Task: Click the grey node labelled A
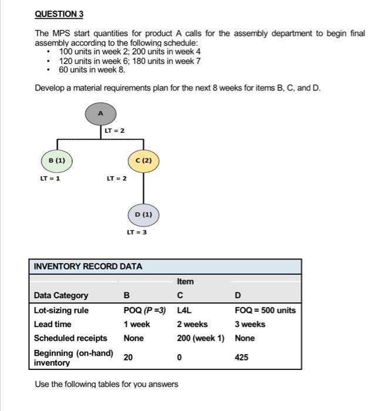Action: [100, 113]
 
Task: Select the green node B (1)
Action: [57, 160]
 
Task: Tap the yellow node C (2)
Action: [143, 160]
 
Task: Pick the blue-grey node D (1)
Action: [143, 214]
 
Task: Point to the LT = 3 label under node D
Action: [137, 233]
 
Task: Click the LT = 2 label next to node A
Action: [114, 130]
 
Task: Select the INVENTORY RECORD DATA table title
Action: [88, 266]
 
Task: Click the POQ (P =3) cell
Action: [144, 310]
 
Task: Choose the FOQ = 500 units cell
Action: [265, 310]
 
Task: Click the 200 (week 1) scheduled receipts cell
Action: [201, 338]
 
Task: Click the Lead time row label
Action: [53, 324]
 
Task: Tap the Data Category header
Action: [61, 295]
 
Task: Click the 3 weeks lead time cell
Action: [250, 324]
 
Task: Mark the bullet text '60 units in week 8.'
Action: [92, 70]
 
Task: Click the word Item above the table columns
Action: [185, 281]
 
